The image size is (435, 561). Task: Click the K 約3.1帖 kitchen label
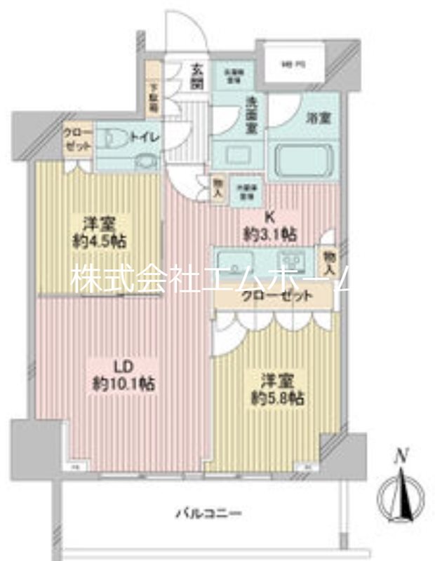pyautogui.click(x=269, y=225)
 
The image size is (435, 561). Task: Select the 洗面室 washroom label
pyautogui.click(x=252, y=115)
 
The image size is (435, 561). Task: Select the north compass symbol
pyautogui.click(x=401, y=498)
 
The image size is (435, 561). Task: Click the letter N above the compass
pyautogui.click(x=401, y=457)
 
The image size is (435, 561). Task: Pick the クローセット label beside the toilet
pyautogui.click(x=75, y=138)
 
